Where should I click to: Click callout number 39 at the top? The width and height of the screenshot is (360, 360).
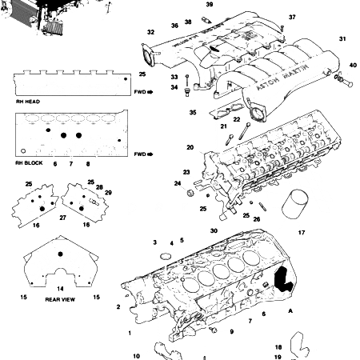[x=209, y=5]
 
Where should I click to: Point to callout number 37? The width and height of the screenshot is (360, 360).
[x=292, y=17]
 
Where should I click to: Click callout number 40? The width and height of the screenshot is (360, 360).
[x=353, y=65]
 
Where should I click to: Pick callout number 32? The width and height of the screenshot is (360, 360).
[x=150, y=33]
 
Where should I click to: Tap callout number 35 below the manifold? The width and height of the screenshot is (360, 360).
[x=192, y=113]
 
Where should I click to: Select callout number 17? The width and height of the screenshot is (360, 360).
[x=302, y=233]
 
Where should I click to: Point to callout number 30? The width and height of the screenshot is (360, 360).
[x=214, y=230]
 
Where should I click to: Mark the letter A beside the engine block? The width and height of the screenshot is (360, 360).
[x=290, y=310]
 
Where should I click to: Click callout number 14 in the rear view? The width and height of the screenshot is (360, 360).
[x=59, y=288]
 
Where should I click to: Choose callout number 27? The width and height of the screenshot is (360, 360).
[x=63, y=217]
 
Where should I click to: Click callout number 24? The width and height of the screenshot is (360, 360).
[x=178, y=183]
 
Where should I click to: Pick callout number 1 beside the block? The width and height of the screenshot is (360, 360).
[x=128, y=332]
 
